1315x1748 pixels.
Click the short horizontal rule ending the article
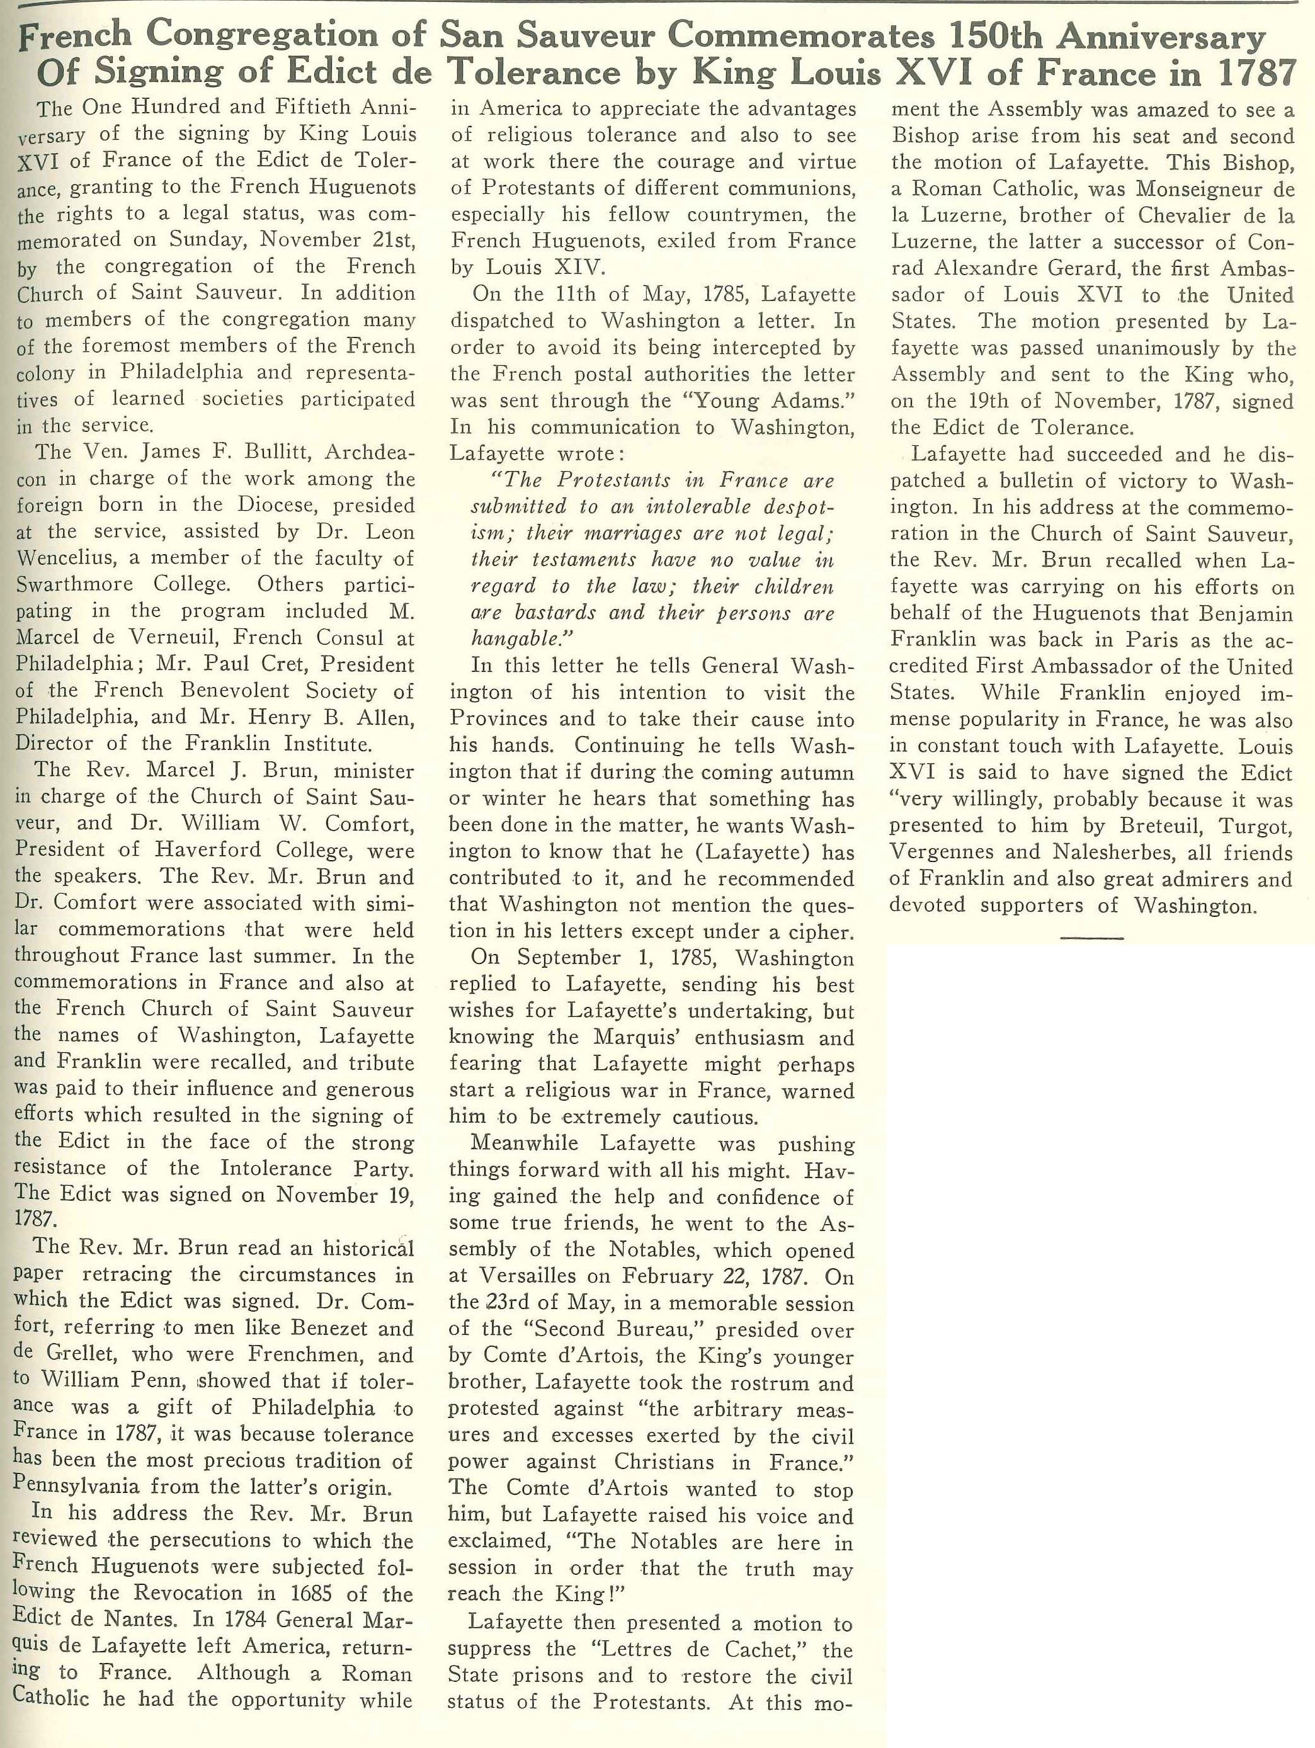point(1091,938)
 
